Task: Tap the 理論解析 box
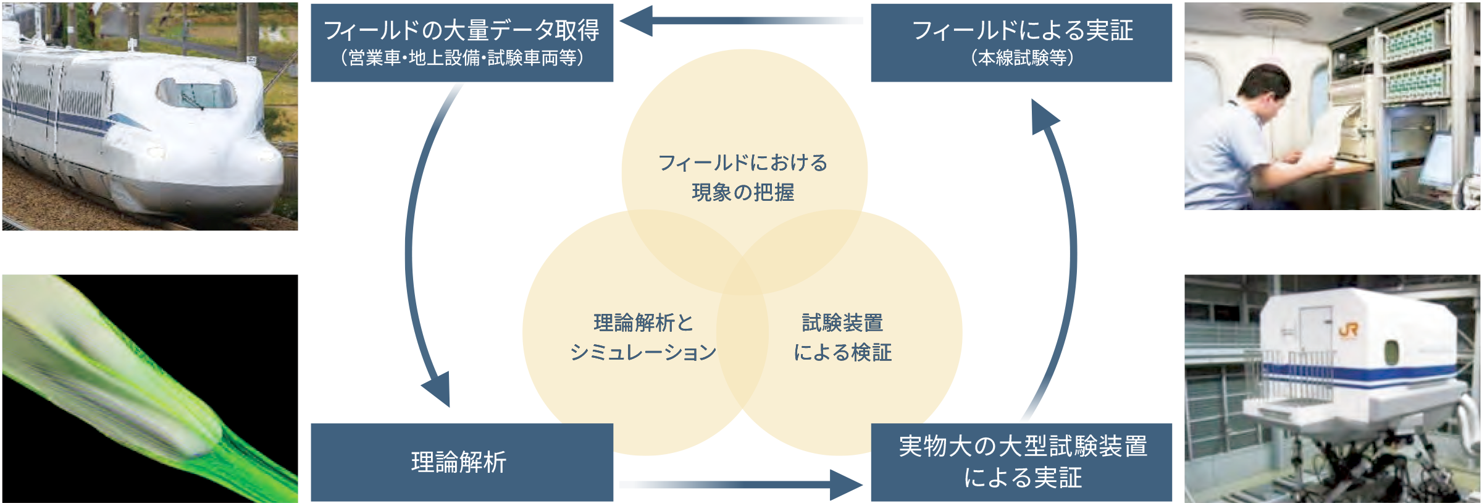click(461, 462)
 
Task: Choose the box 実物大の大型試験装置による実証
click(1021, 462)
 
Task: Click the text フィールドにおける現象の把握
click(743, 177)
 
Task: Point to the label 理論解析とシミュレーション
click(643, 337)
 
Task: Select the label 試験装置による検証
click(842, 337)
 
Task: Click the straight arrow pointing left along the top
click(741, 21)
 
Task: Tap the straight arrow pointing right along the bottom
click(741, 484)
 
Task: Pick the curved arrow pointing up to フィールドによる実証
click(1071, 247)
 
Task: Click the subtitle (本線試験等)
click(1021, 58)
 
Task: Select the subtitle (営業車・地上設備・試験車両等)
click(461, 58)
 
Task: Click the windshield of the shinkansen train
click(196, 95)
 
